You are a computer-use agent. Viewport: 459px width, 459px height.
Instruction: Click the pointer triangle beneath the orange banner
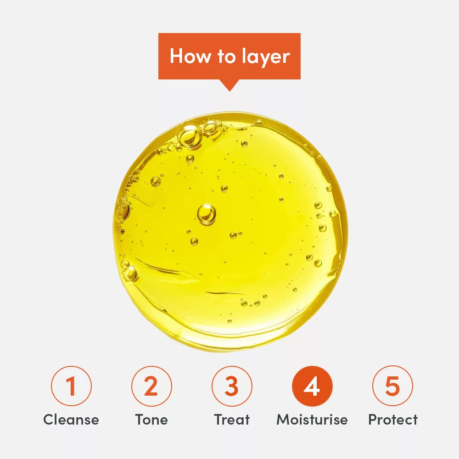click(229, 85)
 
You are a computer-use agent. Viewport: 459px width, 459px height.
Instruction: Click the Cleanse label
click(71, 420)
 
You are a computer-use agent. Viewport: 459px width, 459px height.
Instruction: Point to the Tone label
click(151, 420)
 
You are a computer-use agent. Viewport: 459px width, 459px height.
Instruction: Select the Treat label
click(232, 420)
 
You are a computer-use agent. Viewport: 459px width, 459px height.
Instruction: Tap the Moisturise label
click(312, 420)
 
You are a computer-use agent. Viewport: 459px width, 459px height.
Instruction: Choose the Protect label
click(393, 420)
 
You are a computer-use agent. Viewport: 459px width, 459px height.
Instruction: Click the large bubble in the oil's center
click(207, 214)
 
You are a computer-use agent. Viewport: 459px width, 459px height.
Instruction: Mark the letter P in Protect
click(373, 420)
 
